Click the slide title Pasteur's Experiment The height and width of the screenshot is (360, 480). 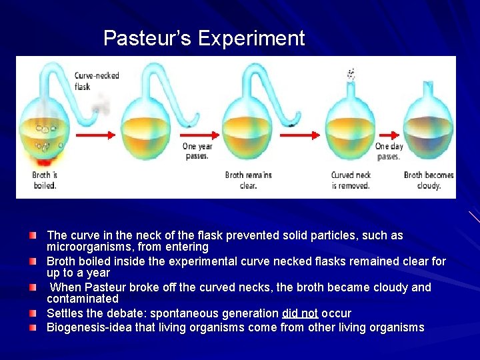pos(204,38)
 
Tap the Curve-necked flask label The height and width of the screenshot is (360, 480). pos(97,81)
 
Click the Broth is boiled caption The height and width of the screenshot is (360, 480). pos(45,180)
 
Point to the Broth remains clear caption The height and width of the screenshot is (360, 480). pos(248,180)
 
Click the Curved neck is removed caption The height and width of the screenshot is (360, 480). pos(351,180)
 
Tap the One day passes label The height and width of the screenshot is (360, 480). pos(389,151)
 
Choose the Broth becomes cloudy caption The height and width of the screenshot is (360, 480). pos(429,180)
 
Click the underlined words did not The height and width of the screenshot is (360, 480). pos(299,313)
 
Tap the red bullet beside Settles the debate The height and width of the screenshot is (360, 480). pos(33,313)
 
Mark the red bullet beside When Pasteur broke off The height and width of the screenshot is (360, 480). pos(33,287)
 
